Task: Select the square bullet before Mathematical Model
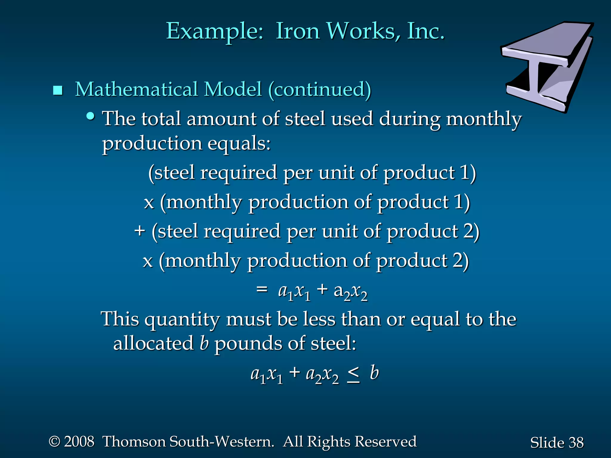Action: tap(58, 90)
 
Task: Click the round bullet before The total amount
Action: tap(90, 116)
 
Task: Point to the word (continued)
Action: tap(320, 89)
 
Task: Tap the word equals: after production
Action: tap(239, 143)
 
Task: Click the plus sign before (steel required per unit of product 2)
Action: tap(139, 231)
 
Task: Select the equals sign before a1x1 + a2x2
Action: tap(262, 289)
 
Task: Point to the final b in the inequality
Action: tap(374, 373)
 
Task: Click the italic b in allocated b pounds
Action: tap(204, 343)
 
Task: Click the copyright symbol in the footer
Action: tap(55, 441)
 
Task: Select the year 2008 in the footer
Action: tap(79, 442)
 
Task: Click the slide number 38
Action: tap(576, 442)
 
